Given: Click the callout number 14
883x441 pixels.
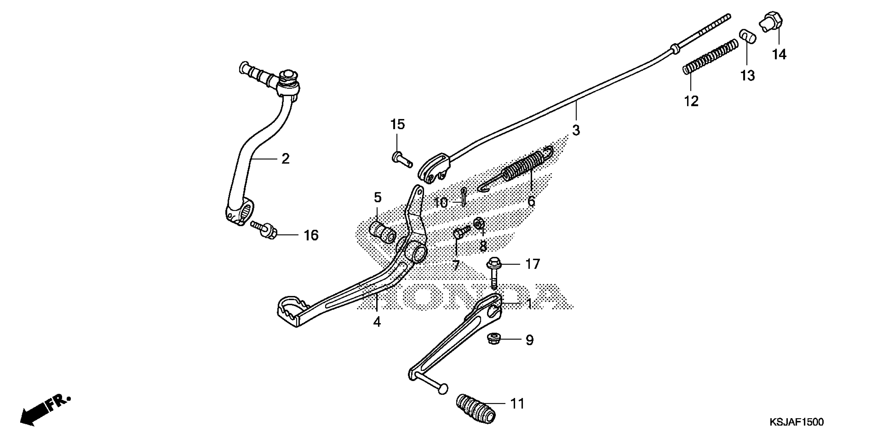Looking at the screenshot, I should pyautogui.click(x=779, y=54).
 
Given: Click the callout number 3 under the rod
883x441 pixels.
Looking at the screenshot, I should pyautogui.click(x=576, y=130).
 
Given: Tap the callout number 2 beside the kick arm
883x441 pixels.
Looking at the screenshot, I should pyautogui.click(x=285, y=159).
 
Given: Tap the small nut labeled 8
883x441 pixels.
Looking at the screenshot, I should pyautogui.click(x=478, y=223).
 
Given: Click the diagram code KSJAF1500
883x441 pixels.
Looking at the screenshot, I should pyautogui.click(x=796, y=422).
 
